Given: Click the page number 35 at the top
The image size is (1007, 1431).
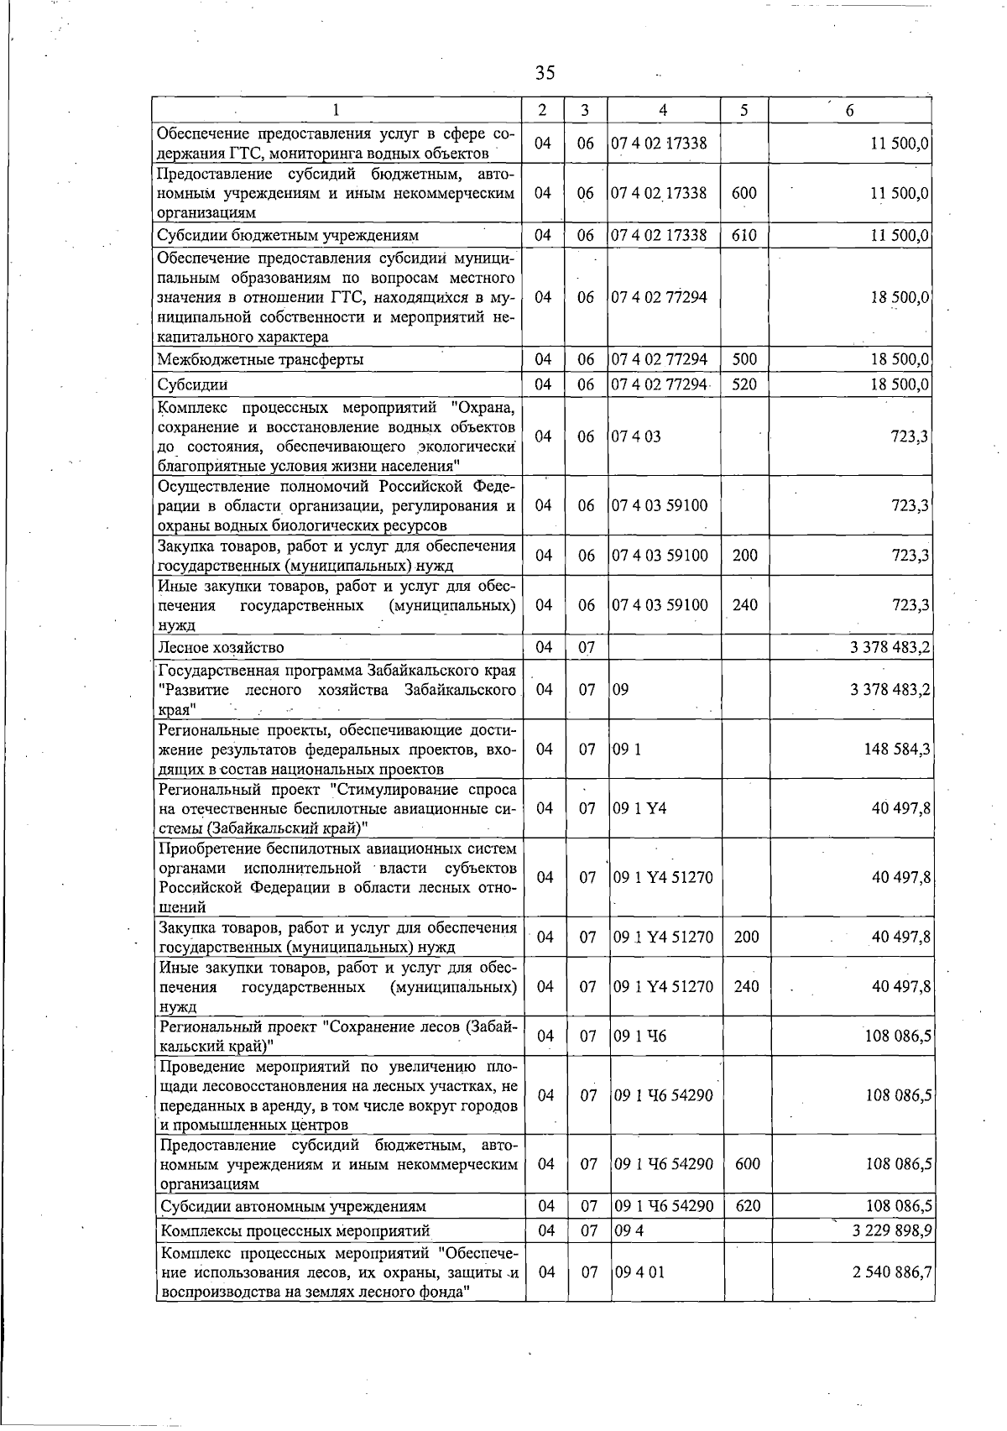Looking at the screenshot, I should pos(545,73).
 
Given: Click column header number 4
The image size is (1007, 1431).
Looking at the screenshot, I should pos(663,110).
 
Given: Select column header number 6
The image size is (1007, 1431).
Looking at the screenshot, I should pos(850,110).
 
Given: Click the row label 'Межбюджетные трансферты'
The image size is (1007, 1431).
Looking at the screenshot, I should pos(261,359).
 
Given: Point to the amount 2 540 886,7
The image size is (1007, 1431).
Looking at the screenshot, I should pos(890,1272).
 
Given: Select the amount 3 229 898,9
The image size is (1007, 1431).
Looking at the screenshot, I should pos(890,1230).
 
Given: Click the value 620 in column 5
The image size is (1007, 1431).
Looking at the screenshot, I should pos(747,1206).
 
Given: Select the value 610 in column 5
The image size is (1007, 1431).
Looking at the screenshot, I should pos(744,235).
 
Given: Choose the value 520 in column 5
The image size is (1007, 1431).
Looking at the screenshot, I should pos(744,384).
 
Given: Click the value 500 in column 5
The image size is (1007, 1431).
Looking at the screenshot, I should pos(744,359).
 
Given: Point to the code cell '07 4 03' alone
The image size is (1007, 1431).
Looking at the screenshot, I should pos(636,436).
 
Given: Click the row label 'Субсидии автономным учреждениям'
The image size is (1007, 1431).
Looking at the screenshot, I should pos(293,1206).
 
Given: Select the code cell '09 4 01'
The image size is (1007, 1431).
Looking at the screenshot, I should pos(639,1272).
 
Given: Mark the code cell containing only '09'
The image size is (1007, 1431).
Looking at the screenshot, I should pos(621,690).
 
